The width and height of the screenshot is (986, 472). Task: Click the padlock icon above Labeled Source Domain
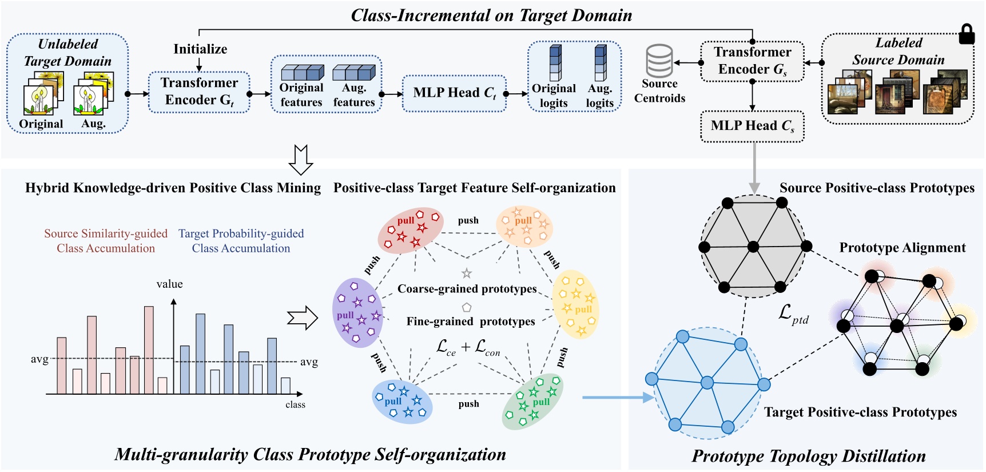pyautogui.click(x=966, y=34)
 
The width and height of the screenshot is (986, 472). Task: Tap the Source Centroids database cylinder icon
pyautogui.click(x=659, y=61)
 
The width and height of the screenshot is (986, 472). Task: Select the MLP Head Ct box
pyautogui.click(x=454, y=93)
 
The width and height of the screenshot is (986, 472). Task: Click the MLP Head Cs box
pyautogui.click(x=752, y=126)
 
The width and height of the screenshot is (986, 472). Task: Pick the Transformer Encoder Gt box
pyautogui.click(x=199, y=92)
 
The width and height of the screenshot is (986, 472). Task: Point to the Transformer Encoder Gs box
pyautogui.click(x=752, y=61)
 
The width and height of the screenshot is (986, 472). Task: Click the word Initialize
pyautogui.click(x=200, y=49)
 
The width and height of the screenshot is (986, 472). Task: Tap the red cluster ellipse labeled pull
pyautogui.click(x=411, y=230)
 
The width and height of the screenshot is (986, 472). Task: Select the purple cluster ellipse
pyautogui.click(x=357, y=313)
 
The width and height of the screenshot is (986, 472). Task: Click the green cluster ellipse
pyautogui.click(x=532, y=401)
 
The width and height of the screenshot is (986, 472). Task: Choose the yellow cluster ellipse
pyautogui.click(x=576, y=305)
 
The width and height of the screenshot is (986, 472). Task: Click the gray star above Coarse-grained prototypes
pyautogui.click(x=467, y=273)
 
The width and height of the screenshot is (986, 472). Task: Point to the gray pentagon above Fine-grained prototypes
pyautogui.click(x=467, y=307)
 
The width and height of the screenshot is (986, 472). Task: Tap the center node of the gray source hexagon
pyautogui.click(x=753, y=247)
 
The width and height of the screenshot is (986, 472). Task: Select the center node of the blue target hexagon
pyautogui.click(x=707, y=382)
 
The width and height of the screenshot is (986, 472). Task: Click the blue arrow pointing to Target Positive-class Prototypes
pyautogui.click(x=618, y=397)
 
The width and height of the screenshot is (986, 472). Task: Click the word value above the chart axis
pyautogui.click(x=170, y=284)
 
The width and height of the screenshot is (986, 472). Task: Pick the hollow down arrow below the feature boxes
pyautogui.click(x=301, y=160)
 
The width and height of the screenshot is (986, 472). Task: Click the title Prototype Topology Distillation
pyautogui.click(x=808, y=456)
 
